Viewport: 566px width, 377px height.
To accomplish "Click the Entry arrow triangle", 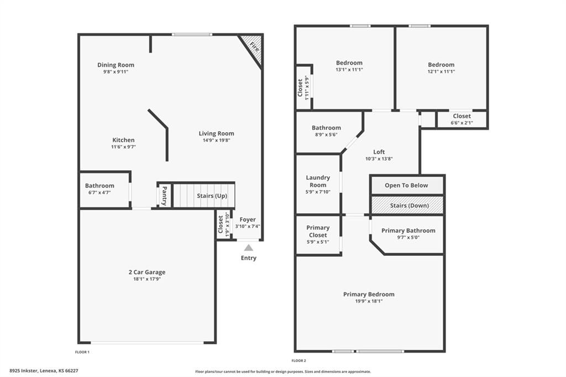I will pyautogui.click(x=249, y=248).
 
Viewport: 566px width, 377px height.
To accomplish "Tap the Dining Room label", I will pyautogui.click(x=116, y=65).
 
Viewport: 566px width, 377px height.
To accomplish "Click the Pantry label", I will pyautogui.click(x=164, y=196).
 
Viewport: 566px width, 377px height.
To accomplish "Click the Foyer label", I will pyautogui.click(x=248, y=219).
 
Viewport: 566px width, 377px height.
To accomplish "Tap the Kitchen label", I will pyautogui.click(x=123, y=140).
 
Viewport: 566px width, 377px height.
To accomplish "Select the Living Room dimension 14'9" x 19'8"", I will pyautogui.click(x=216, y=140).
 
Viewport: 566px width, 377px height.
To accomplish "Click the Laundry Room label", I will pyautogui.click(x=318, y=181).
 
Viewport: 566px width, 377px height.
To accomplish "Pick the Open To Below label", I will pyautogui.click(x=406, y=185).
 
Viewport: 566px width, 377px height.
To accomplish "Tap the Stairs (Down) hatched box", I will pyautogui.click(x=406, y=205).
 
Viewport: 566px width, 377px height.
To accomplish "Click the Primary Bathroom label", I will pyautogui.click(x=408, y=231).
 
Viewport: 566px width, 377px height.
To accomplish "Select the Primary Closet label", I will pyautogui.click(x=318, y=231).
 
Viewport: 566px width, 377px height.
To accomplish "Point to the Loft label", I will pyautogui.click(x=379, y=152).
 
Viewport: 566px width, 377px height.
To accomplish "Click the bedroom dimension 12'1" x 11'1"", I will pyautogui.click(x=441, y=71).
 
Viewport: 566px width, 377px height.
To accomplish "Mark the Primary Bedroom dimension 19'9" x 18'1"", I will pyautogui.click(x=369, y=301).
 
